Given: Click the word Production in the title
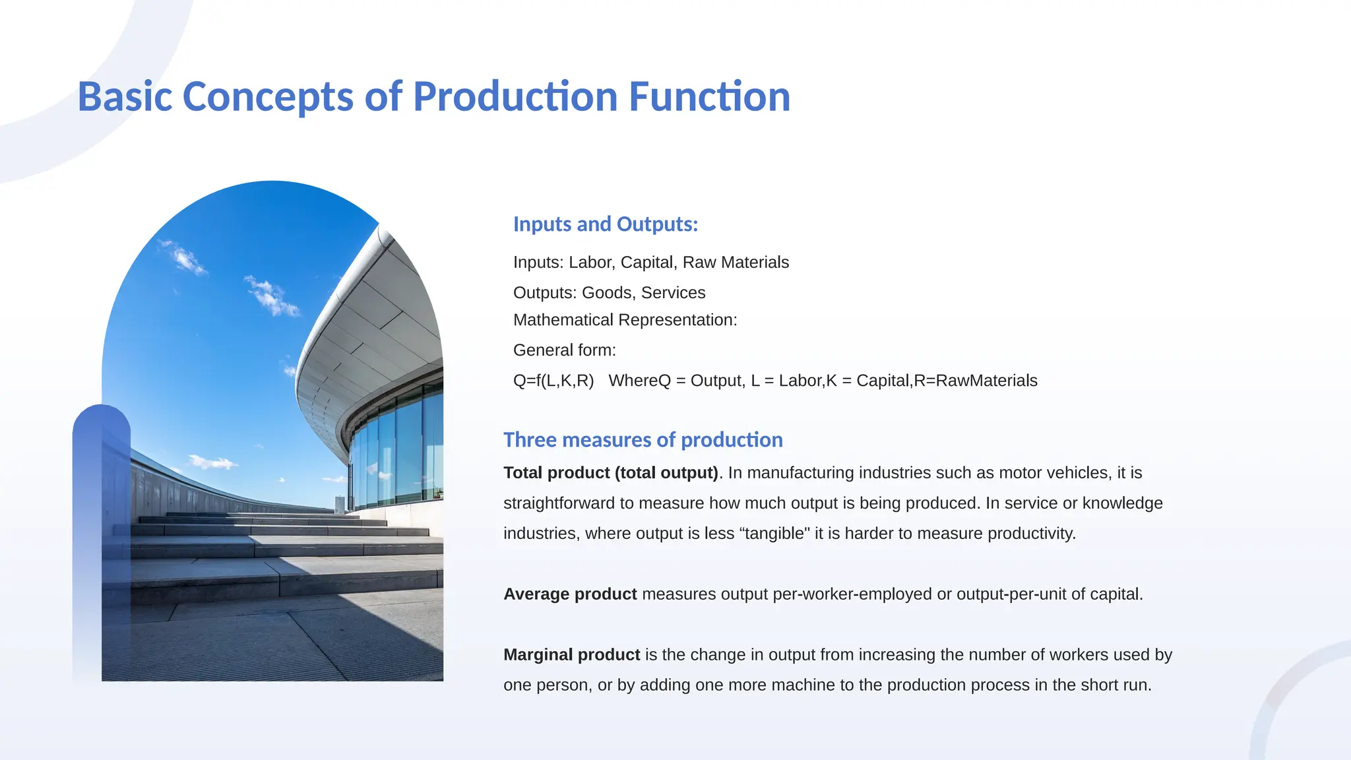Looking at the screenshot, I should (x=515, y=96).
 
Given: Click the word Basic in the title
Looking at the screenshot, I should (x=125, y=96).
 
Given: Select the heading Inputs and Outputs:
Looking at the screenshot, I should (x=605, y=224).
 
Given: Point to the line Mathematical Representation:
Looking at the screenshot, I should (x=625, y=320).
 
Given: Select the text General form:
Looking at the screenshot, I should (x=564, y=350).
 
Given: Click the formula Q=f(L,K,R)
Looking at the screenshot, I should (x=553, y=381).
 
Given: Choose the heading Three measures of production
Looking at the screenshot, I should (x=643, y=440).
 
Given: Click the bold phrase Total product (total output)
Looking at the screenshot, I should (x=610, y=473).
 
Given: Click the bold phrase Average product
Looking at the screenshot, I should (x=570, y=594).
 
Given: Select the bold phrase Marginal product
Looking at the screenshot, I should (x=571, y=655).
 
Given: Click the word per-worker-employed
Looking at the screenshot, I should (x=852, y=594).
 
